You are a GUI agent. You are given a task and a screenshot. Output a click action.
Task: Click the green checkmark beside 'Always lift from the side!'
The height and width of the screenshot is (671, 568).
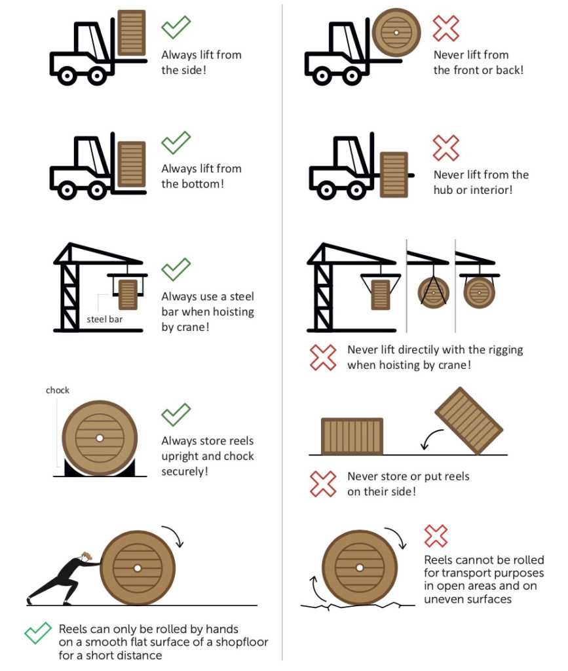[x=176, y=28]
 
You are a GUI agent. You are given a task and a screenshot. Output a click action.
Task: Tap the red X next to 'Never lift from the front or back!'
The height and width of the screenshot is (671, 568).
[x=446, y=28]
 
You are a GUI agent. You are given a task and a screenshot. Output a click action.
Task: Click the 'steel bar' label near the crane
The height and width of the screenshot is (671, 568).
[x=104, y=320]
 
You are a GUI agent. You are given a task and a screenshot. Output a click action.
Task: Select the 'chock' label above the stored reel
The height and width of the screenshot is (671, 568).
[x=58, y=391]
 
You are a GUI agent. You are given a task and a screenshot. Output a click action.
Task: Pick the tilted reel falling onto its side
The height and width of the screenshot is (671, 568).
[x=468, y=421]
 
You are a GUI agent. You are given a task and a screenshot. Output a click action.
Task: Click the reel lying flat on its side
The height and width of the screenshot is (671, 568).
[x=352, y=436]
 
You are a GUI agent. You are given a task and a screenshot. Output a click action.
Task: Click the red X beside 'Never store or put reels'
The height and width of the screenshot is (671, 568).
[x=322, y=484]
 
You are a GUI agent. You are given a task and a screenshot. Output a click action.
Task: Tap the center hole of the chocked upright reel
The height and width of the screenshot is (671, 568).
[x=99, y=437]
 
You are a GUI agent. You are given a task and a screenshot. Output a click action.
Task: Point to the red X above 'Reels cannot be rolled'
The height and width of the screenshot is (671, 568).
[x=436, y=535]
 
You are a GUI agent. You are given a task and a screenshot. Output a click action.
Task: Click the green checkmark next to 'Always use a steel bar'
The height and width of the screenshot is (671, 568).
[x=176, y=268]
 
